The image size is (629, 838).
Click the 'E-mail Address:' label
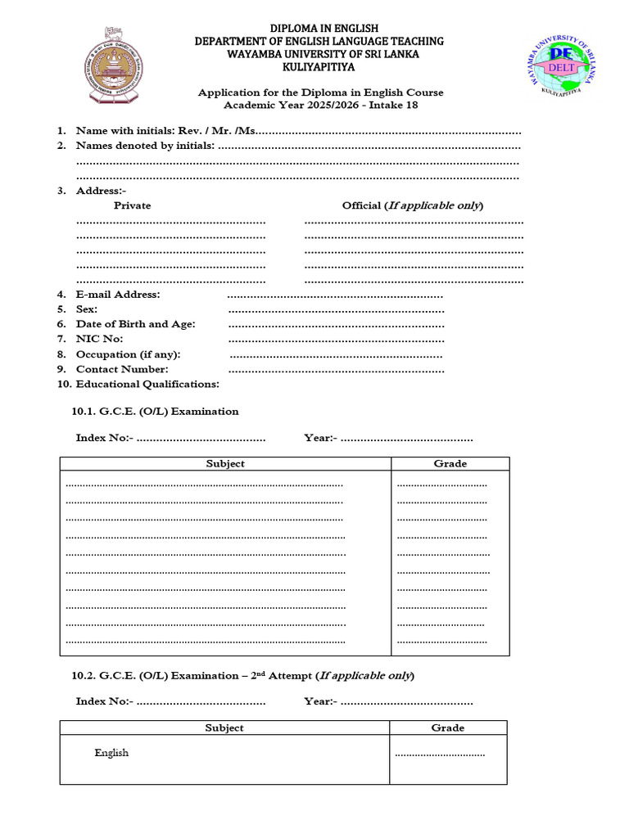point(118,295)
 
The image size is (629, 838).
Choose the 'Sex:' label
point(87,309)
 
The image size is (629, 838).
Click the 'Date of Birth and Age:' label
point(135,324)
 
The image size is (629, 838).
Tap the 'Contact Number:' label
point(122,369)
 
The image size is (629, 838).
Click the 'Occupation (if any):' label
point(128,354)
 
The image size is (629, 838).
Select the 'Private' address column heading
point(132,205)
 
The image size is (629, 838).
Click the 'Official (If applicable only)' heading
point(413,205)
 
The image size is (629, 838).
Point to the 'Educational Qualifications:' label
point(147,384)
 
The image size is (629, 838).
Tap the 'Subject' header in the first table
point(225,464)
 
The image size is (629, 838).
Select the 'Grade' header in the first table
point(450,464)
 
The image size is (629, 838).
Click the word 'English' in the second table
point(111,753)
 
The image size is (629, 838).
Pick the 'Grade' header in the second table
point(447,728)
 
